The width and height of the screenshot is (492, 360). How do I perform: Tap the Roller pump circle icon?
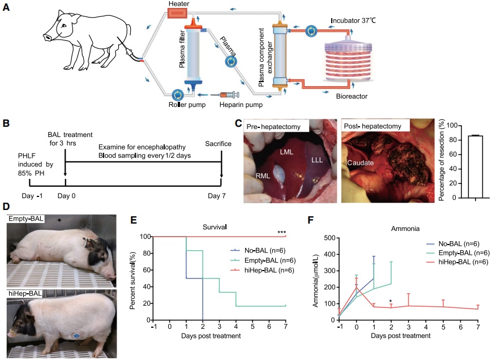point(177,94)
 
